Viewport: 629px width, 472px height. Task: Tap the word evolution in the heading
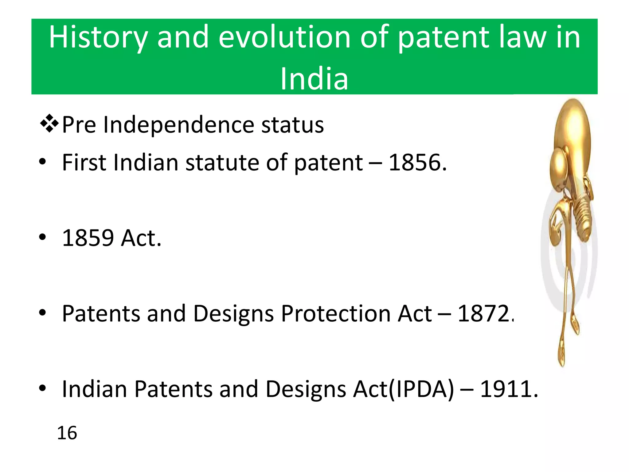click(284, 37)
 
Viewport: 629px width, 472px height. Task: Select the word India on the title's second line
click(314, 79)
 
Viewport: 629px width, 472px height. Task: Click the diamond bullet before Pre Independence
click(49, 124)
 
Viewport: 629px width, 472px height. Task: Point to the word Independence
click(178, 125)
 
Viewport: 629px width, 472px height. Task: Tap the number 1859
click(88, 238)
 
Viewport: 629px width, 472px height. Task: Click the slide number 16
click(67, 433)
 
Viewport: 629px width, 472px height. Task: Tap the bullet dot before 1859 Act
click(42, 237)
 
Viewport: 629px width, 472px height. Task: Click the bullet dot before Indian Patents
click(42, 388)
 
